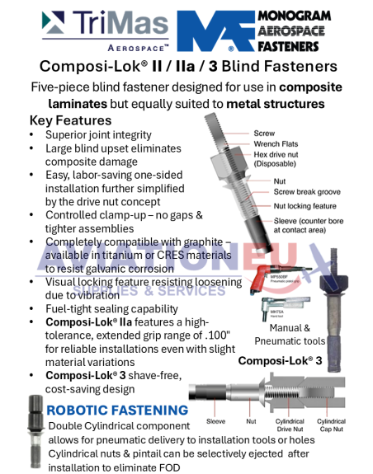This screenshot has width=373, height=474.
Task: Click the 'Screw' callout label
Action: tap(263, 132)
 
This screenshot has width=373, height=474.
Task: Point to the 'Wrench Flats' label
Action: tap(276, 143)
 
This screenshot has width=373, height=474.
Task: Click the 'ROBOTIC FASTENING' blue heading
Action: tap(117, 410)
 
